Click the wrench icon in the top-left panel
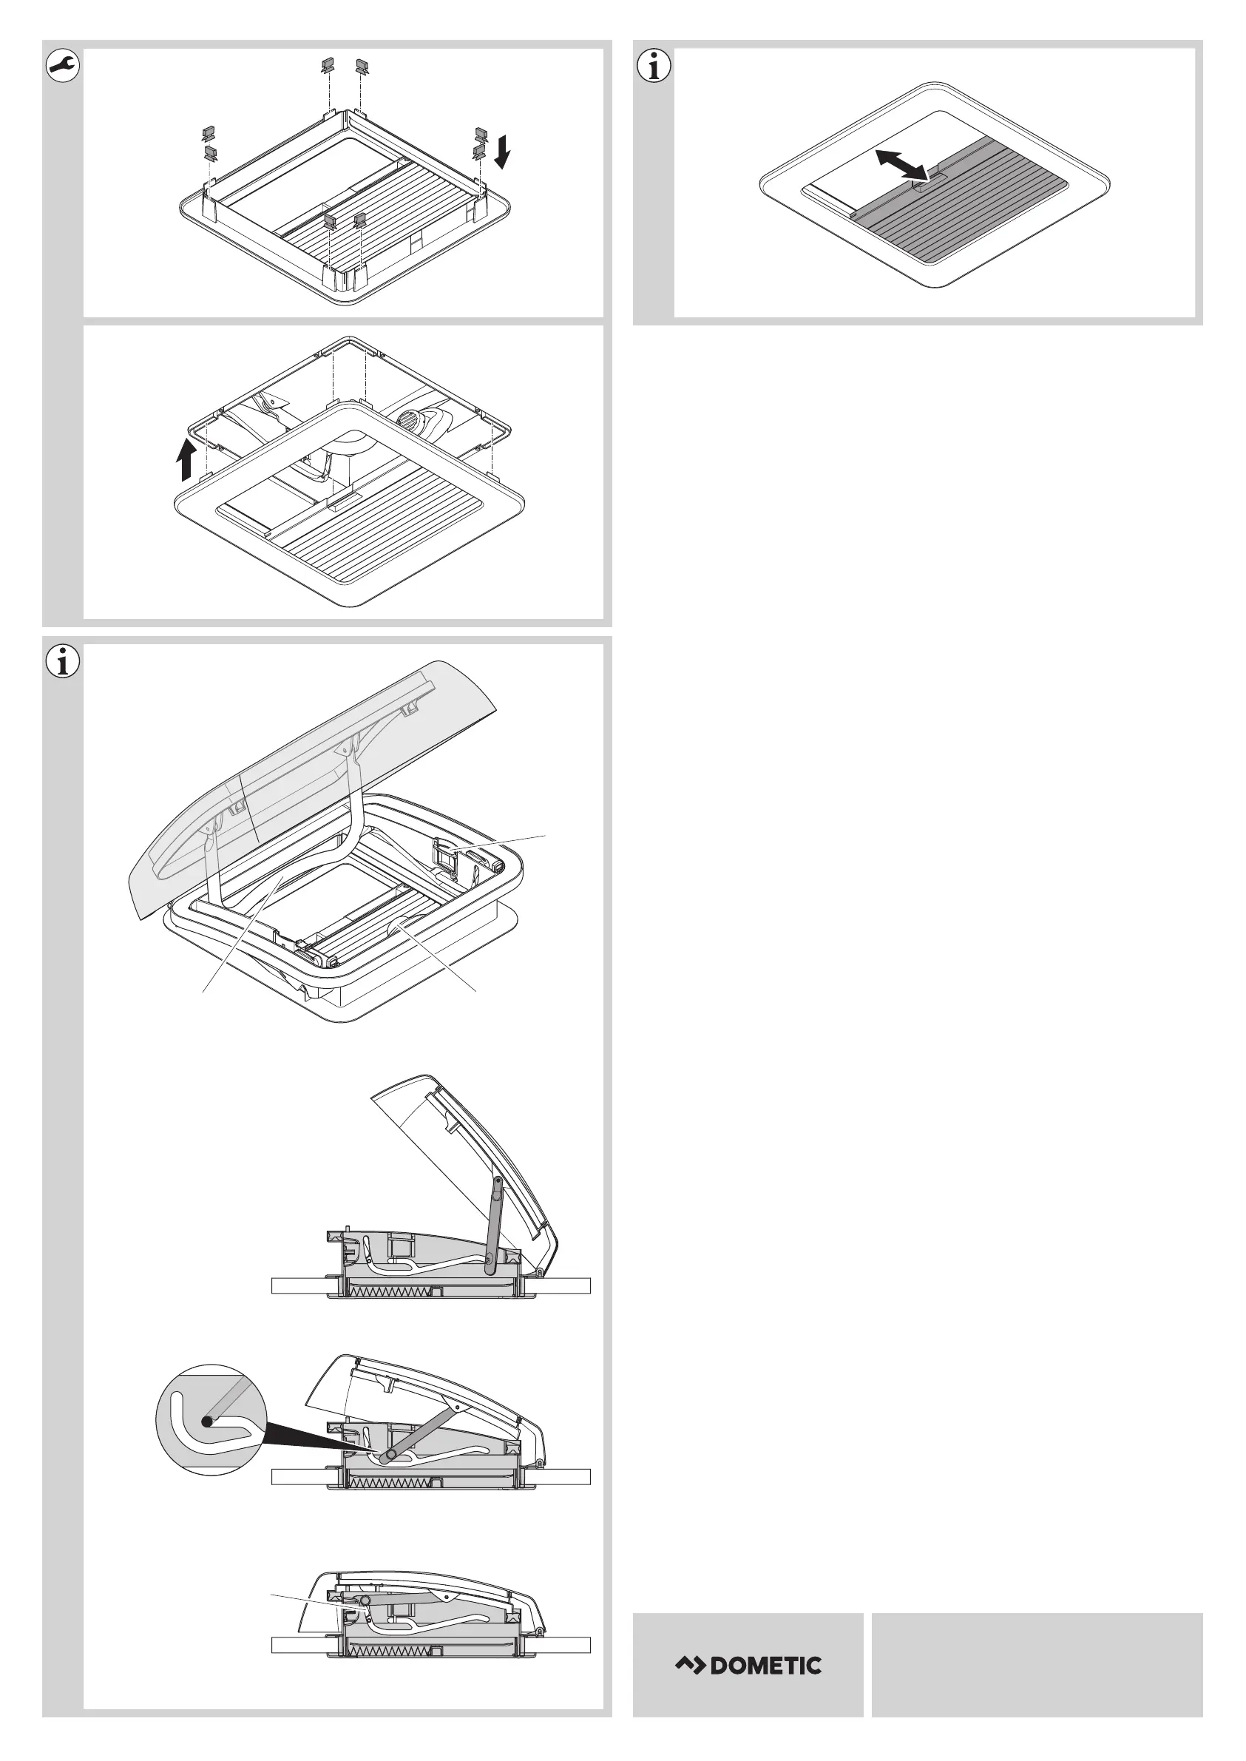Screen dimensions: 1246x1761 (x=63, y=67)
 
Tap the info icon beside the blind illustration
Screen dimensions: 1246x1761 (x=654, y=67)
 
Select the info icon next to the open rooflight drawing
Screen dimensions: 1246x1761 (x=63, y=661)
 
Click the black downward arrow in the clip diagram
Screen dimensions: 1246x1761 (x=503, y=151)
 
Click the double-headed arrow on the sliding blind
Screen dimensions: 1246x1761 (x=902, y=165)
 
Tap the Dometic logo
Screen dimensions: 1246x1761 (x=748, y=1664)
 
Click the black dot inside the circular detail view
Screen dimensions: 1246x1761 (x=206, y=1421)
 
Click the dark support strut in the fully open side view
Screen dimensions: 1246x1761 (x=492, y=1225)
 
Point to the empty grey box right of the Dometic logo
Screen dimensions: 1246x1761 (x=1037, y=1664)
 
